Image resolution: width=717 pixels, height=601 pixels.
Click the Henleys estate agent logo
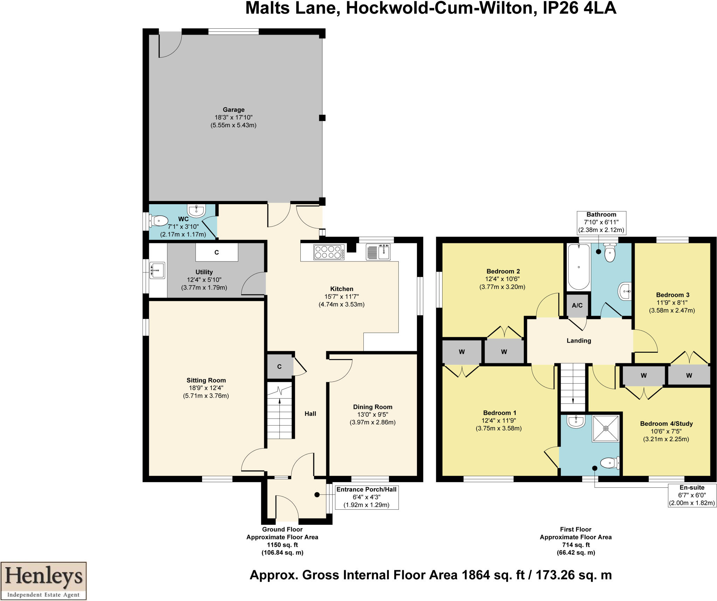[43, 581]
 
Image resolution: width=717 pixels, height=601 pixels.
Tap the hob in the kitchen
[329, 252]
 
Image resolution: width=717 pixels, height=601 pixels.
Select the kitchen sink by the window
[378, 252]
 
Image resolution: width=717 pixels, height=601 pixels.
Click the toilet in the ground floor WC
[158, 221]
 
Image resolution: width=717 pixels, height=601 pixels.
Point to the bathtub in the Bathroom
[579, 267]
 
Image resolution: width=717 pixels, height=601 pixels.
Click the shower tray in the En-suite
[606, 428]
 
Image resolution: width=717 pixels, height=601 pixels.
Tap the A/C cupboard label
[577, 305]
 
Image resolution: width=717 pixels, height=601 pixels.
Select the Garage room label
[234, 109]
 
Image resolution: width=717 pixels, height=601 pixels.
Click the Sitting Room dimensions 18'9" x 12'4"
[206, 388]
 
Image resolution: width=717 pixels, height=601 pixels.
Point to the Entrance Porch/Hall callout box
[367, 497]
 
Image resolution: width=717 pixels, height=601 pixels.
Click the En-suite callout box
[692, 495]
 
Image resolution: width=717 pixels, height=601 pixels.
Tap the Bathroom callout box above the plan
[601, 222]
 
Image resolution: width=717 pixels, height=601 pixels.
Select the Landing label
[579, 341]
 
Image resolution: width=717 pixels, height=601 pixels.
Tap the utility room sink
[157, 270]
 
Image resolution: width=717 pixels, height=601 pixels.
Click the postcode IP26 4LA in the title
[579, 8]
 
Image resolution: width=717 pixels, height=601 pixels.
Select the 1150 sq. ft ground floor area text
[282, 545]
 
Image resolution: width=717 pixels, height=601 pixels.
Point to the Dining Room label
[373, 407]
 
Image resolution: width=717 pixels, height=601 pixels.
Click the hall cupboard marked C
[279, 366]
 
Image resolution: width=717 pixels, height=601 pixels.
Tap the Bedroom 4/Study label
[666, 423]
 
